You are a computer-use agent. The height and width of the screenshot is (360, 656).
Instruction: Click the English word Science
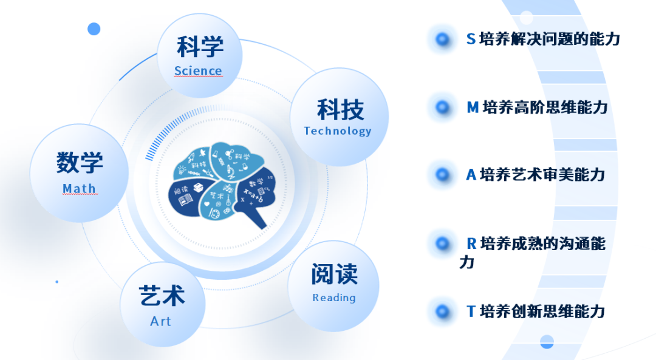coord(198,71)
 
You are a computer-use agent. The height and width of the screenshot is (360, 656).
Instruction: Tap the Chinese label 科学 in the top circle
coord(200,47)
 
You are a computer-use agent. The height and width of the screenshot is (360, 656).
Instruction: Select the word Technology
coord(337,131)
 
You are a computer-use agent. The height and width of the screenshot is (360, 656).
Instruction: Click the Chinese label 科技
coord(340,110)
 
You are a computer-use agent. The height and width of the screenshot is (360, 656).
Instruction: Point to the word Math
coord(79,189)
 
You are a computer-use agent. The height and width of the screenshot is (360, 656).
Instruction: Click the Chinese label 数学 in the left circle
coord(80,163)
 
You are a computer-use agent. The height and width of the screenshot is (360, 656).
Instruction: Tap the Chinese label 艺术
coord(162,296)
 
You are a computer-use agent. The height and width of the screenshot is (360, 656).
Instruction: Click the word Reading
coord(334,297)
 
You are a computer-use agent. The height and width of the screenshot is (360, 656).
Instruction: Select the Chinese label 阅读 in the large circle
coord(334,274)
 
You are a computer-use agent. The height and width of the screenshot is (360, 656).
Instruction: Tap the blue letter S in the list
coord(471,39)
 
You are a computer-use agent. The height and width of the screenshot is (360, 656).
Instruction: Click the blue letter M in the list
coord(473,107)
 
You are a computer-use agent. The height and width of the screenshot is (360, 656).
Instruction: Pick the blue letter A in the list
coord(471,175)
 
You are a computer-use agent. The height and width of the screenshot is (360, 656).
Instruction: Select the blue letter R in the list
coord(471,244)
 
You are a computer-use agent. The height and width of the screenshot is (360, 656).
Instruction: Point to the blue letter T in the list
coord(471,311)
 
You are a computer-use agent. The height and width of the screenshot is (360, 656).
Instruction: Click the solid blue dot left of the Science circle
coord(94,29)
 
